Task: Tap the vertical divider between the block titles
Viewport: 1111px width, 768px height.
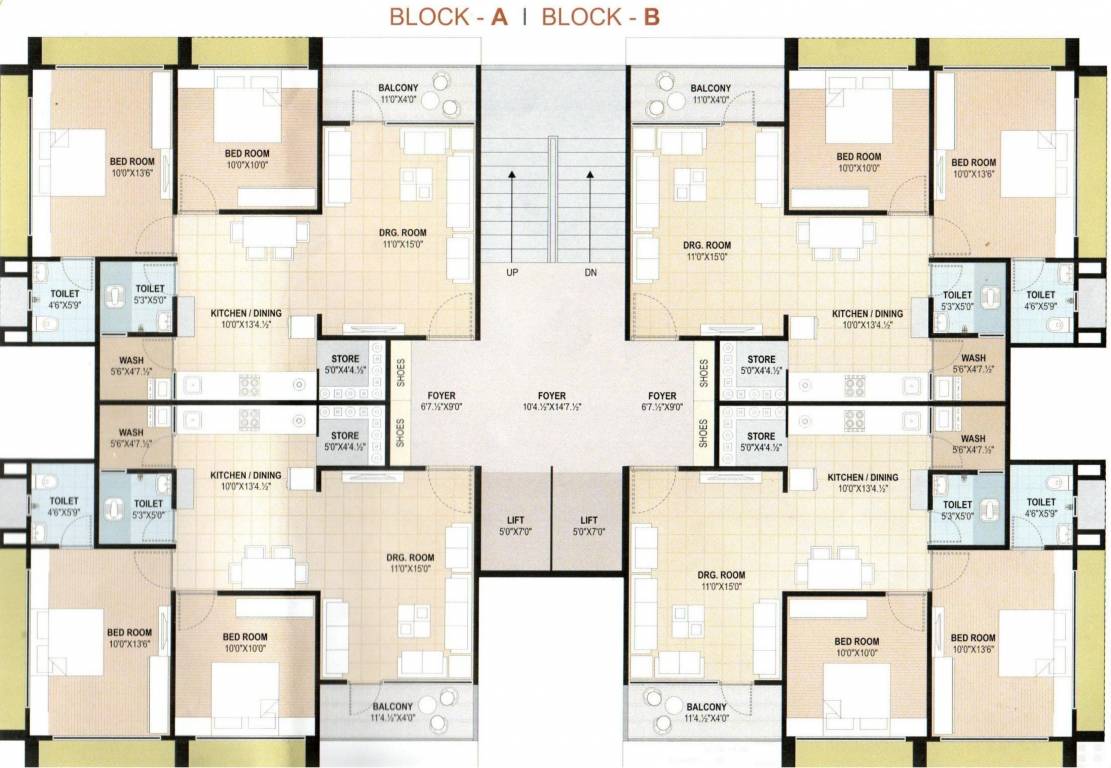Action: (525, 17)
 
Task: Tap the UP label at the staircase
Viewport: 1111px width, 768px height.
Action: (511, 273)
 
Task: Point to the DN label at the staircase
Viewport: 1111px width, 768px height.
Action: (590, 273)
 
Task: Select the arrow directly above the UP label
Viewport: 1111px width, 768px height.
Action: (511, 215)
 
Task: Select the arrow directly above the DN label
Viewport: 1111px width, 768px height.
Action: (590, 215)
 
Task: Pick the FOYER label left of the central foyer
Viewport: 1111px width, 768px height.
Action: (440, 396)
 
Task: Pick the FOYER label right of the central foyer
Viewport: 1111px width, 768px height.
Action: (661, 396)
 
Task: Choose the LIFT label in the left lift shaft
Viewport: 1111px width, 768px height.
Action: (516, 520)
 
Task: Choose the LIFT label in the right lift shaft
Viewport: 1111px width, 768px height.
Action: (589, 520)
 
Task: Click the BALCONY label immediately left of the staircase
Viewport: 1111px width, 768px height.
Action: (398, 88)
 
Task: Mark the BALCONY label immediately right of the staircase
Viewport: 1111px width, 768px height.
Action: (710, 88)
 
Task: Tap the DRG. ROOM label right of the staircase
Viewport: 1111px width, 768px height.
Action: (706, 245)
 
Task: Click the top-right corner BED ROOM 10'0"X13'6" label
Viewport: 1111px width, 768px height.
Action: (973, 162)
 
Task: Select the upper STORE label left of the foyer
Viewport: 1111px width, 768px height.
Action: (345, 360)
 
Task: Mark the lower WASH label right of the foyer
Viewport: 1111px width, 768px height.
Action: (972, 439)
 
